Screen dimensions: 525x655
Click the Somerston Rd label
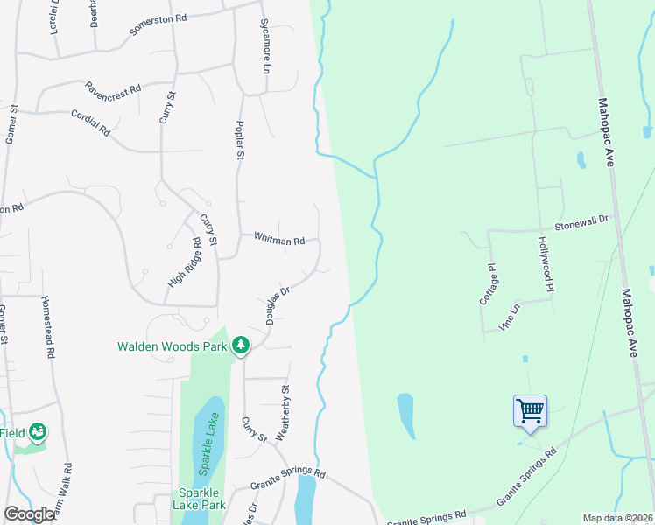(158, 23)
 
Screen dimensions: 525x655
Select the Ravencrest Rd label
(113, 89)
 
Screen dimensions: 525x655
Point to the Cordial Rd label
(93, 123)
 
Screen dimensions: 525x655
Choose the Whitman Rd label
(279, 239)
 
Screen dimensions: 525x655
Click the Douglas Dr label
(272, 301)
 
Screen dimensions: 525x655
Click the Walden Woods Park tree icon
(241, 346)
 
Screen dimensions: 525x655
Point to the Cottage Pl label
(492, 283)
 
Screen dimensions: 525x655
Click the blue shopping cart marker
(530, 409)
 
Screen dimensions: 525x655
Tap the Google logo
(28, 514)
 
